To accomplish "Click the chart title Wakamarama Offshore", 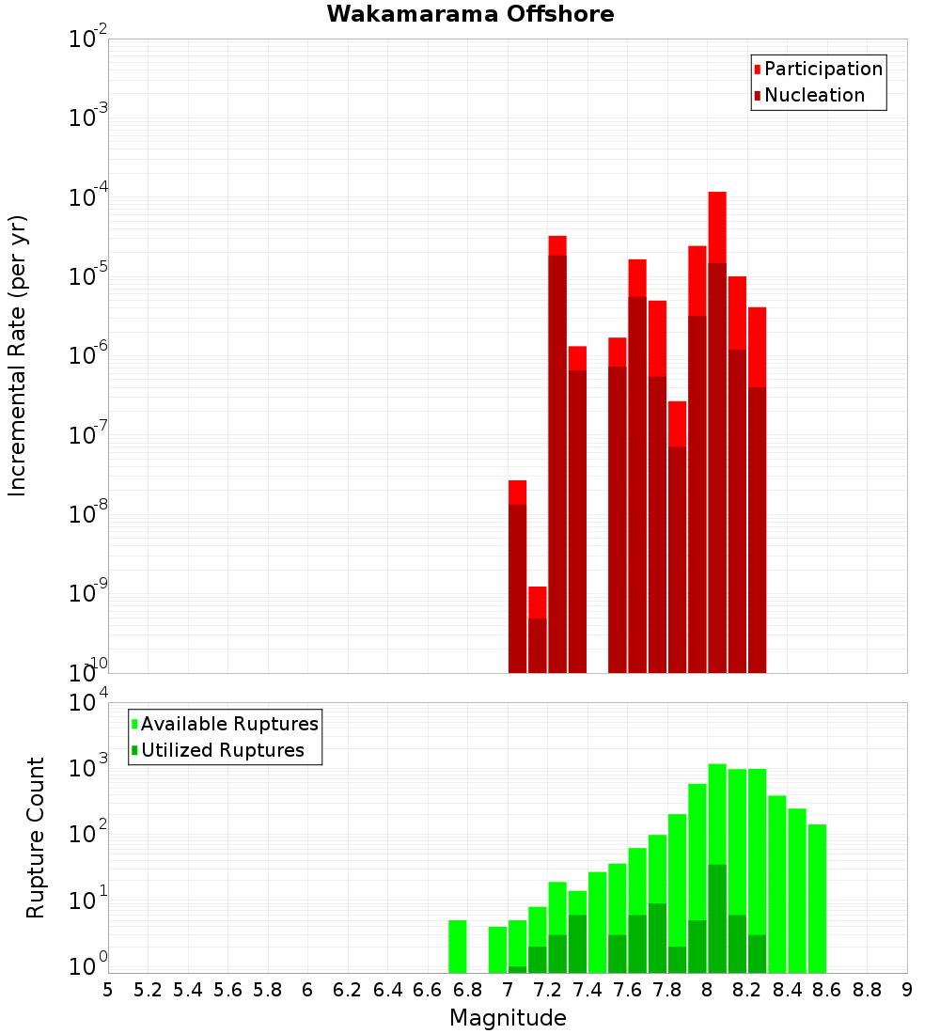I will (470, 14).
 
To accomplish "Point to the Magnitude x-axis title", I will (508, 1018).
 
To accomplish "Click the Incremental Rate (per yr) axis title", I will (18, 355).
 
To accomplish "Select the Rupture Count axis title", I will (36, 837).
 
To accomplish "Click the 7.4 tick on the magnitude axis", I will (587, 990).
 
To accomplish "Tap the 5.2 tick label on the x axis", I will (148, 990).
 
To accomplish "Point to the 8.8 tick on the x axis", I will (867, 990).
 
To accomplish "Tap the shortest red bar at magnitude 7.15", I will (538, 602).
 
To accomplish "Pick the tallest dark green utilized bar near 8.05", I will (717, 917).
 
